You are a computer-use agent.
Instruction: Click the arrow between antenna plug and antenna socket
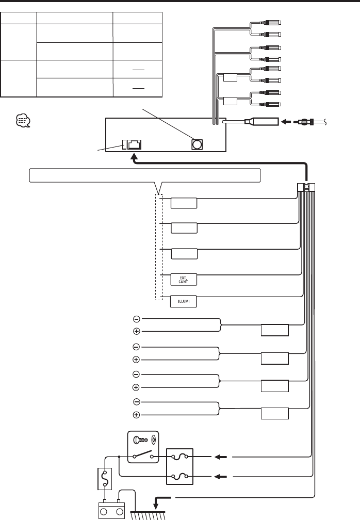(x=286, y=122)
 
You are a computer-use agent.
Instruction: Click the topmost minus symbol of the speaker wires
(x=137, y=318)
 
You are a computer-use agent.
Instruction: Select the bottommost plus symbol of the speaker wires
(x=137, y=415)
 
